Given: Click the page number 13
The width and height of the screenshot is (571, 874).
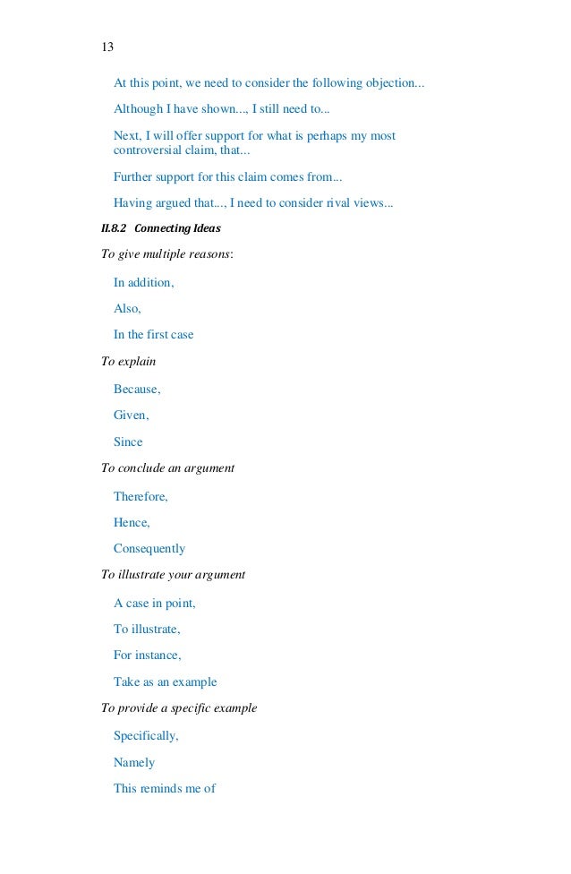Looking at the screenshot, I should click(x=107, y=47).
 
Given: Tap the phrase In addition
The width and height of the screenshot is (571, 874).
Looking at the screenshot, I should click(x=143, y=283).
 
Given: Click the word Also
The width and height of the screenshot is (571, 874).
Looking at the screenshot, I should click(x=127, y=309).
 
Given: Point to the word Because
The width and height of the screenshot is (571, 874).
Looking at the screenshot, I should click(x=137, y=390).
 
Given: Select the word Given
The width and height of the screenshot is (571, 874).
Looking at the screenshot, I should click(x=131, y=416).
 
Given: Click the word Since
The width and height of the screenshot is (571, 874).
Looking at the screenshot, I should click(x=128, y=442).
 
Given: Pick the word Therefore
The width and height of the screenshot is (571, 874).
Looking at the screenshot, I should click(x=141, y=496).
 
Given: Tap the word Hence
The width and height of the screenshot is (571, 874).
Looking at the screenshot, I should click(x=132, y=522).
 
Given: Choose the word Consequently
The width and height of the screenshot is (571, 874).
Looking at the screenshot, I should click(x=149, y=548).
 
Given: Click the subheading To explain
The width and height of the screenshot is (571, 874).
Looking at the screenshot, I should click(x=129, y=362).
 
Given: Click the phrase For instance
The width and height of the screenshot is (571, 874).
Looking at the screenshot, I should click(x=147, y=655).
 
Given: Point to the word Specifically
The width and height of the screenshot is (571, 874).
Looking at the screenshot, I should click(x=146, y=736).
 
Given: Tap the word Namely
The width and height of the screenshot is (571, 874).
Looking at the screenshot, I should click(x=134, y=763).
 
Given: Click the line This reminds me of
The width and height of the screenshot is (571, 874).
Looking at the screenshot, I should click(x=165, y=789).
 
